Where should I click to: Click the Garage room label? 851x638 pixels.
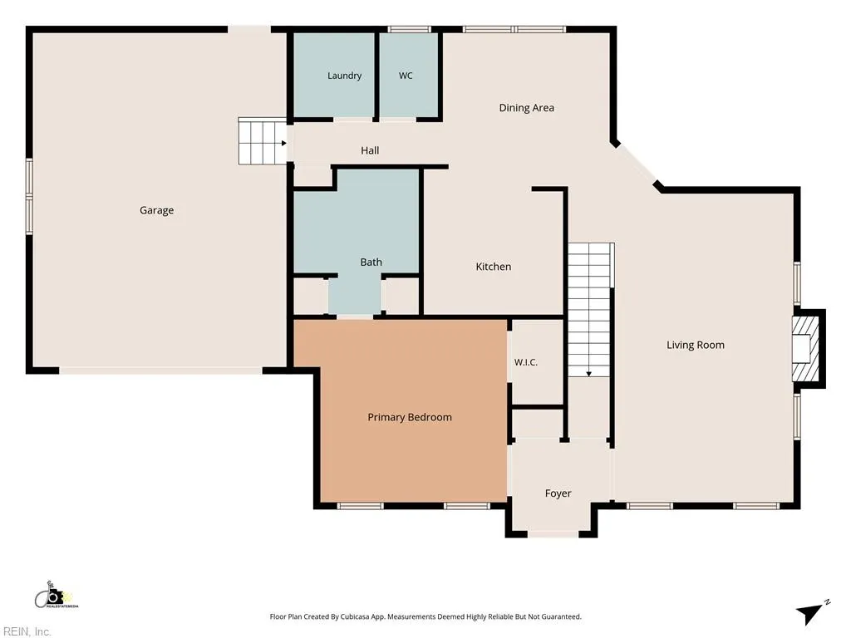(x=157, y=210)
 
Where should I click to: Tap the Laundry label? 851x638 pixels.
(x=344, y=76)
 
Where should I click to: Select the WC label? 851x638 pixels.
(x=406, y=76)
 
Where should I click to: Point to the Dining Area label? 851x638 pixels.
(x=526, y=107)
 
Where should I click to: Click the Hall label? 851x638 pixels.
(x=370, y=150)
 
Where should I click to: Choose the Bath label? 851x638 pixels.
(x=371, y=262)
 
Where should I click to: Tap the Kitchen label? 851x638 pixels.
(x=494, y=267)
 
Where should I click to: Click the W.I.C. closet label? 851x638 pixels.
(x=526, y=362)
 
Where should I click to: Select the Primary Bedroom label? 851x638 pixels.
(x=410, y=417)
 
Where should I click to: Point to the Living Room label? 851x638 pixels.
(x=696, y=345)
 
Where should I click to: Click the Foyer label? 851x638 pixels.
(x=558, y=493)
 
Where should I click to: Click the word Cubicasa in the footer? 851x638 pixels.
(x=355, y=617)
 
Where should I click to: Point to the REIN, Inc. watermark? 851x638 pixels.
(x=26, y=631)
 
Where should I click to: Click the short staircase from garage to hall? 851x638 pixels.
(x=263, y=141)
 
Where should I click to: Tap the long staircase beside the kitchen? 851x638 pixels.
(x=591, y=310)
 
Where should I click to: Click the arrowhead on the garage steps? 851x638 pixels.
(x=284, y=143)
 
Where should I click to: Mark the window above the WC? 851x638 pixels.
(x=410, y=29)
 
